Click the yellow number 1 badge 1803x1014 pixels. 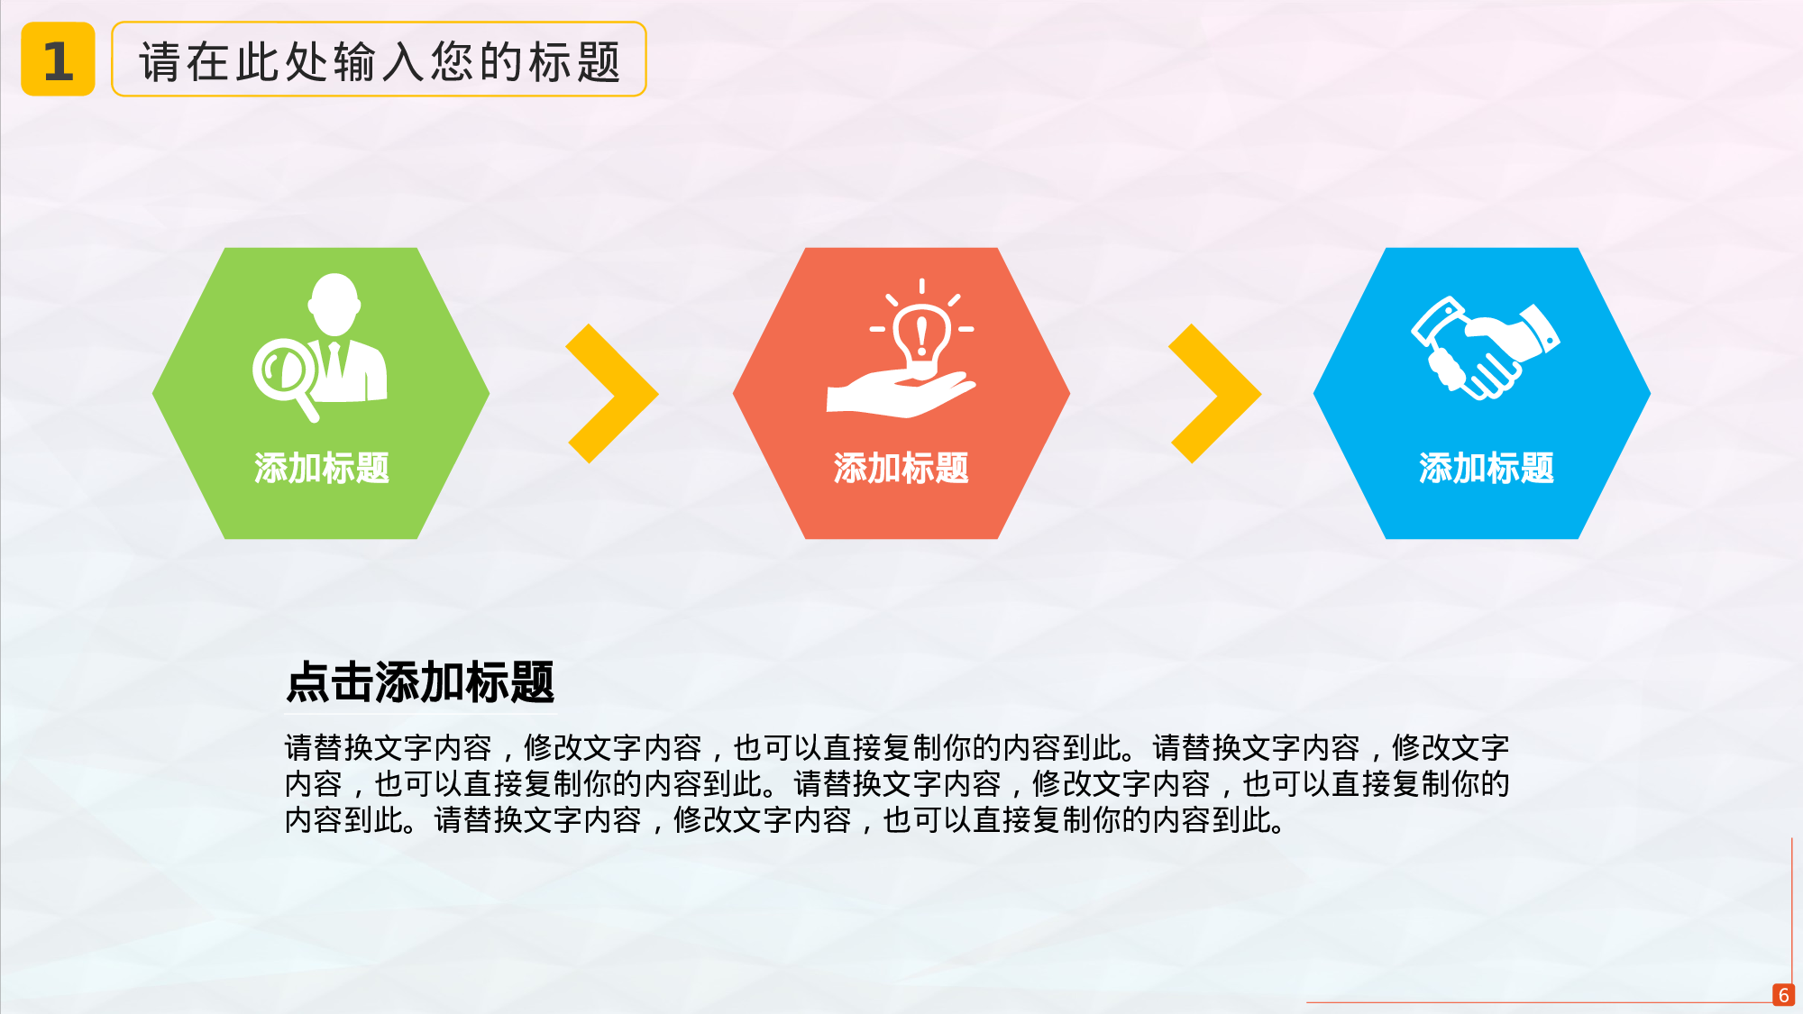point(58,59)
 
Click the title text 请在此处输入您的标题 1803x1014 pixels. point(380,61)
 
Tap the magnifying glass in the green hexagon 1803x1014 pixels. point(283,371)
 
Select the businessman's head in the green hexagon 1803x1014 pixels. point(334,301)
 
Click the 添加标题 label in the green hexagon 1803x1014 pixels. point(321,469)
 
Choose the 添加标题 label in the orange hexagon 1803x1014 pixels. point(901,469)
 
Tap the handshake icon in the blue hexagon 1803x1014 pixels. point(1485,348)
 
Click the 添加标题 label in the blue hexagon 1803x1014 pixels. point(1486,469)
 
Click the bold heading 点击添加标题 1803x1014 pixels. point(420,681)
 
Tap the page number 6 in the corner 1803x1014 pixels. point(1783,995)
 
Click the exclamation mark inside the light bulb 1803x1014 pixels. point(921,334)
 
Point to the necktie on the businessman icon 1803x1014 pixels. point(334,361)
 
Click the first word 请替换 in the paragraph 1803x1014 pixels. point(329,748)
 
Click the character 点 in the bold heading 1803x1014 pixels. point(307,681)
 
